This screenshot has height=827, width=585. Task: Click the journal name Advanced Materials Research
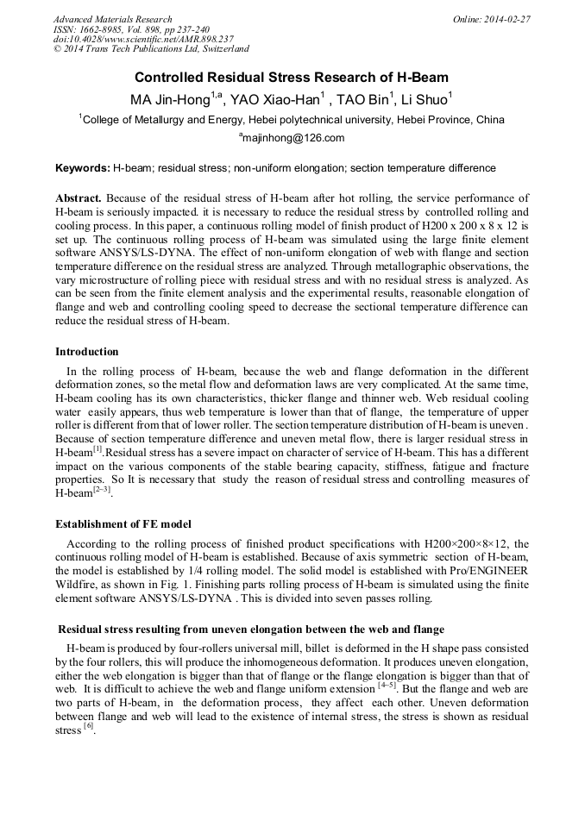pyautogui.click(x=112, y=19)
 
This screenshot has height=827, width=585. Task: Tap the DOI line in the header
pyautogui.click(x=143, y=40)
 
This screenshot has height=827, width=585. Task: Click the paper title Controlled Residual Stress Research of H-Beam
pyautogui.click(x=292, y=77)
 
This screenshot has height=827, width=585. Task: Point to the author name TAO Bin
pyautogui.click(x=363, y=99)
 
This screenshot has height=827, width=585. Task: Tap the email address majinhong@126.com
pyautogui.click(x=293, y=138)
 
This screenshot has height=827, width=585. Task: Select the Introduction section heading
pyautogui.click(x=87, y=352)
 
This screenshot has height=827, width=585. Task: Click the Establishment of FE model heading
pyautogui.click(x=123, y=523)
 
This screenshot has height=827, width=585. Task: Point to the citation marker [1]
pyautogui.click(x=97, y=450)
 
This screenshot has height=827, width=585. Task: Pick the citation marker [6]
pyautogui.click(x=88, y=727)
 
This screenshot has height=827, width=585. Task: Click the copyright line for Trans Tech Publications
pyautogui.click(x=151, y=50)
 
